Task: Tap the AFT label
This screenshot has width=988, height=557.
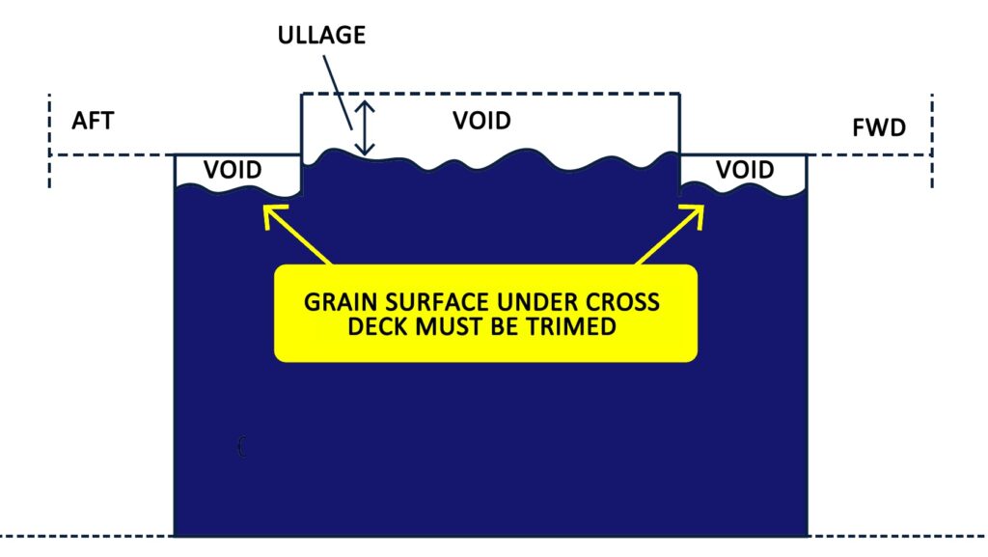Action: click(x=94, y=122)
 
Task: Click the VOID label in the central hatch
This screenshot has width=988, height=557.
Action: click(x=481, y=122)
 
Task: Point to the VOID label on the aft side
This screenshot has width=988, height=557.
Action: click(x=233, y=170)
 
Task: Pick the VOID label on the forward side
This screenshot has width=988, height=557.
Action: click(x=745, y=170)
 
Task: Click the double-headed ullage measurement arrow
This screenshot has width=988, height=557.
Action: click(x=364, y=129)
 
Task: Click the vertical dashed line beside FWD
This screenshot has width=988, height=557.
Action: click(x=932, y=140)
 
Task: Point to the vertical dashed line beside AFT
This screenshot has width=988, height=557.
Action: click(x=49, y=140)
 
